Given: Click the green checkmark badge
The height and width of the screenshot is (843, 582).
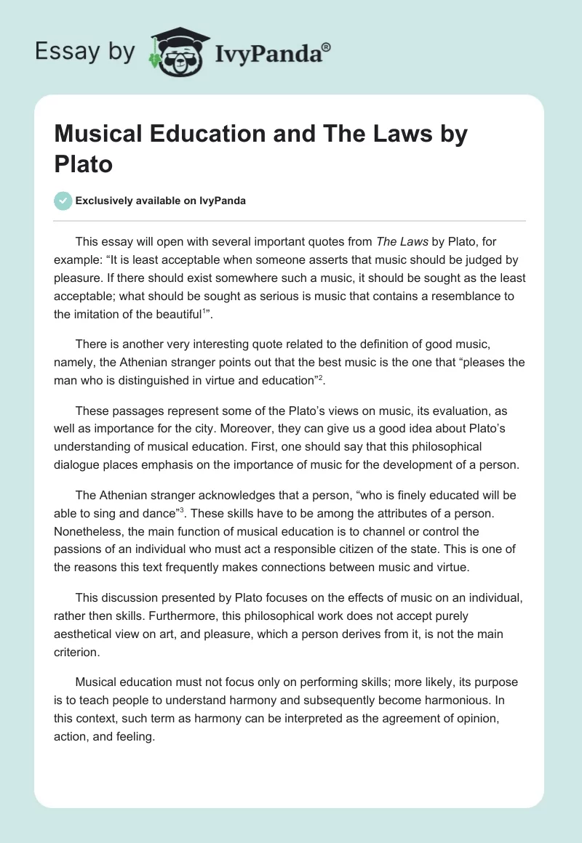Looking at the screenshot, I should tap(63, 201).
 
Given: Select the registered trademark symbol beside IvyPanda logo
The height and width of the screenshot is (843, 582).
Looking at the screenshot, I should tap(327, 46).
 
